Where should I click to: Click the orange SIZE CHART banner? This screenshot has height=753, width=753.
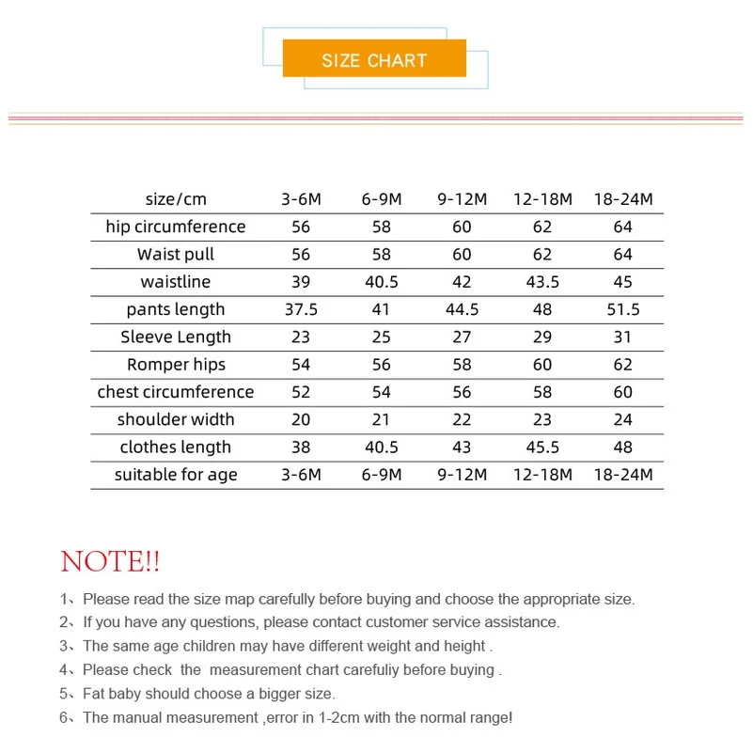tap(374, 60)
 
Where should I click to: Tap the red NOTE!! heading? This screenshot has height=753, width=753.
tap(110, 562)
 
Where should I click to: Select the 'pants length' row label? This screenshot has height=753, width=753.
tap(176, 309)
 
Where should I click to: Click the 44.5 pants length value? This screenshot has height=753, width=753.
tap(462, 309)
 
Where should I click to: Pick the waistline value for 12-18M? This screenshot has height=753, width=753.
tap(542, 282)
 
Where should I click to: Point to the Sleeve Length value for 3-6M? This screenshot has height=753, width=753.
tap(301, 337)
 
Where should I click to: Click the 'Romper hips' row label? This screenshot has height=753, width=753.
tap(176, 365)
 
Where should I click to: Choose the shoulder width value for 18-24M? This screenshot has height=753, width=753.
tap(622, 419)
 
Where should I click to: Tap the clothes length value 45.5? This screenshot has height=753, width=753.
tap(542, 447)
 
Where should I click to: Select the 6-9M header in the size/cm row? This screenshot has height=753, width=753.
tap(382, 199)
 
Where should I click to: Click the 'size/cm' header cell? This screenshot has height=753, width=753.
tap(176, 199)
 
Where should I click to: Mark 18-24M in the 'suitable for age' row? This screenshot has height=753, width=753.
tap(622, 475)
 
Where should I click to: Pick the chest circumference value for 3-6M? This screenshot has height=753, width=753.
tap(301, 392)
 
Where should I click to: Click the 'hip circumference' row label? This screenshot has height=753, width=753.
tap(176, 227)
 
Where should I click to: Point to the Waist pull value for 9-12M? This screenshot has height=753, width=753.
tap(462, 255)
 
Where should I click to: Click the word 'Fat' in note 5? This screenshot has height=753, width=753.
tap(95, 694)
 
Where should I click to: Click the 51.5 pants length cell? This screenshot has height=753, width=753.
tap(622, 309)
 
